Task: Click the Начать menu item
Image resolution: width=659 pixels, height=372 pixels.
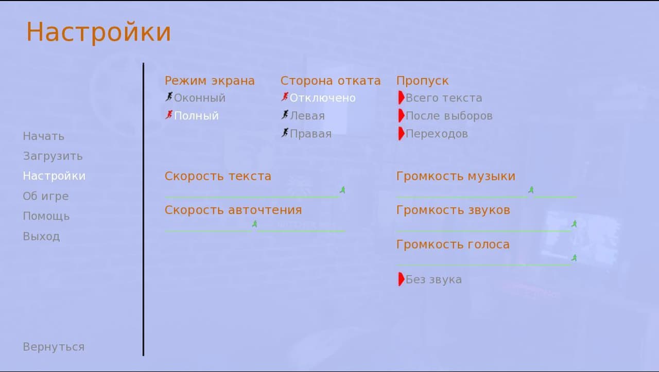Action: pos(44,136)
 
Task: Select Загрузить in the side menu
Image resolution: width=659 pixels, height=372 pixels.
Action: pos(53,156)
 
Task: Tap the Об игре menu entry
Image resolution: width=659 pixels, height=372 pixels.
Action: pos(46,196)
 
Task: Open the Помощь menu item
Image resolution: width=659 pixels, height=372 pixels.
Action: pos(46,217)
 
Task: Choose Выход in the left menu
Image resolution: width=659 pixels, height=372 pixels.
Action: pos(41,237)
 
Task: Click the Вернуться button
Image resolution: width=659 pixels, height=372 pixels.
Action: pos(54,347)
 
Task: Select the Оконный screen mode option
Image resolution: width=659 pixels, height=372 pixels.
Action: pos(195,98)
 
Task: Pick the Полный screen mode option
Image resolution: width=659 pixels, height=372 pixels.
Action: pos(192,116)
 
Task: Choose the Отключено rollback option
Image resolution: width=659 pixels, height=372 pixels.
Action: pos(318,98)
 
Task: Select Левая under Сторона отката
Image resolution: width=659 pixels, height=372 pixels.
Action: pos(303,116)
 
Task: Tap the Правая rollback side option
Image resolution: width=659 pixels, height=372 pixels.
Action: pos(306,134)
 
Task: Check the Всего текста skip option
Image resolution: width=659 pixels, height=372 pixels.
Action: pos(440,98)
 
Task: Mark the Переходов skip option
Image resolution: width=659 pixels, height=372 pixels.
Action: pos(433,134)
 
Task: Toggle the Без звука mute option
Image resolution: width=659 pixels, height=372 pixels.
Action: pos(430,279)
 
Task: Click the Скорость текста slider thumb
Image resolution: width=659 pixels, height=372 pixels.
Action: pos(342,190)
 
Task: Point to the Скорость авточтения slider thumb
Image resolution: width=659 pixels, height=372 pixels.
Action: pos(254,224)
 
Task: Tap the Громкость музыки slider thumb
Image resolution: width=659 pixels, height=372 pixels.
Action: pos(531,190)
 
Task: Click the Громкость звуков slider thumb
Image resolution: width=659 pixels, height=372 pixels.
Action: pos(574,224)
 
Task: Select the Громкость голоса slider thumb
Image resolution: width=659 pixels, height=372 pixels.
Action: pos(574,258)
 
